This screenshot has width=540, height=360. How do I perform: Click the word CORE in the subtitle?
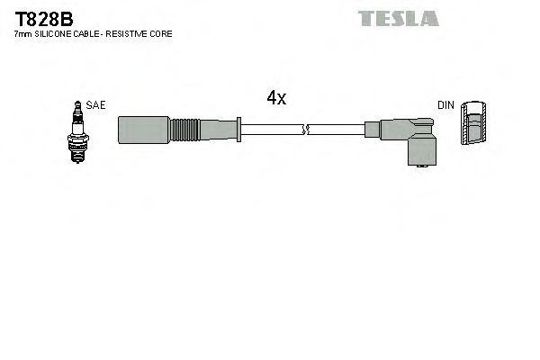coord(162,33)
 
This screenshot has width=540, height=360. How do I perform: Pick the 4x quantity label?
coord(276,99)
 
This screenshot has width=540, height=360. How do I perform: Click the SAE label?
coord(95,105)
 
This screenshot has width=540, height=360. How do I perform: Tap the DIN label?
coord(445,105)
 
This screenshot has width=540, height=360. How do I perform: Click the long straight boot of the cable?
coord(144,130)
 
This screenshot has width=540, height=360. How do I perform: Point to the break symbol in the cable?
coord(307,130)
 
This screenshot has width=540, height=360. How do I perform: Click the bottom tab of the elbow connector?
coord(419,165)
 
